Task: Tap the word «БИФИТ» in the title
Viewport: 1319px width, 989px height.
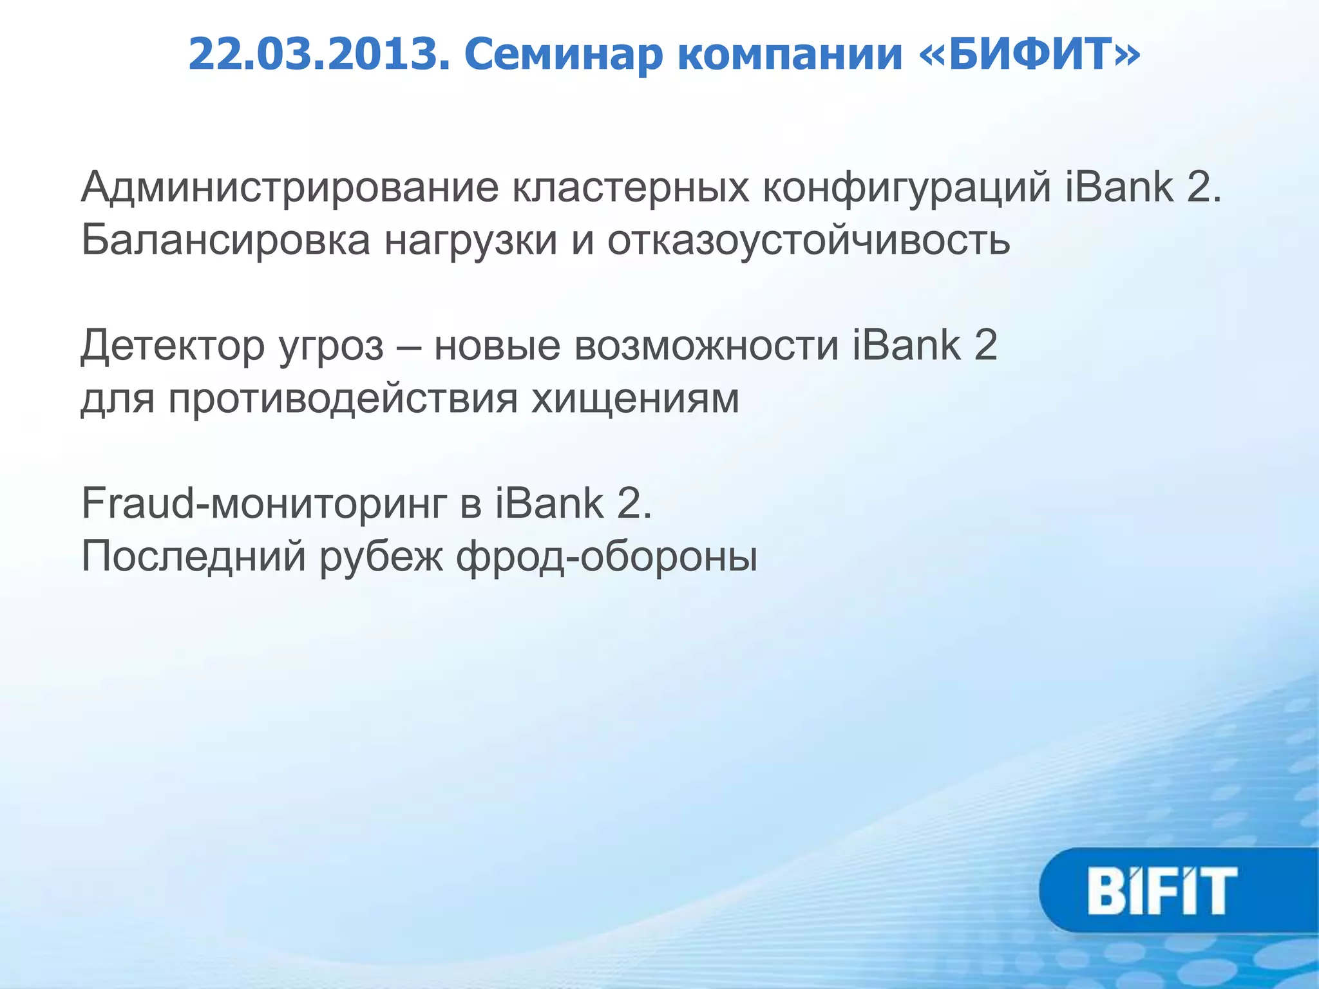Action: tap(1029, 54)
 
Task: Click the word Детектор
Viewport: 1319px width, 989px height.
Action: tap(173, 346)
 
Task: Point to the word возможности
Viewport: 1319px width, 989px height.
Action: tap(707, 346)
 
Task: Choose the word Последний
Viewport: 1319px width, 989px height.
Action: tap(193, 556)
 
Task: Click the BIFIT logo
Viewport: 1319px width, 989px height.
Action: tap(1162, 890)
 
